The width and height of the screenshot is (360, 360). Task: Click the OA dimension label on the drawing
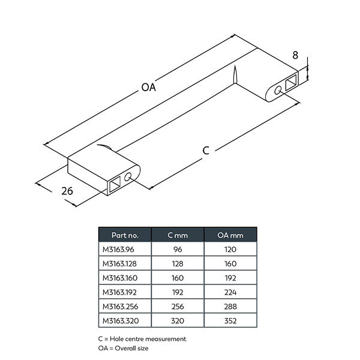[x=149, y=87]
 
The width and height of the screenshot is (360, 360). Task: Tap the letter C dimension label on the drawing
[x=206, y=151]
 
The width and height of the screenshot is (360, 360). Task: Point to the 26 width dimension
[x=67, y=191]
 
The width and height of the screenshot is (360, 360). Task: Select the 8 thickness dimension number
[x=295, y=55]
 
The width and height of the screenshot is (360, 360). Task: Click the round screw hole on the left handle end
[x=128, y=177]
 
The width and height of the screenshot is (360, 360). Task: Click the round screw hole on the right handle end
[x=278, y=90]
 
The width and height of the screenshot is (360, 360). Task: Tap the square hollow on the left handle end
[x=115, y=184]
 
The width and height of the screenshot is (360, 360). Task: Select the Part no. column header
[x=125, y=235]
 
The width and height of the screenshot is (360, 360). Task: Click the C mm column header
[x=178, y=235]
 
